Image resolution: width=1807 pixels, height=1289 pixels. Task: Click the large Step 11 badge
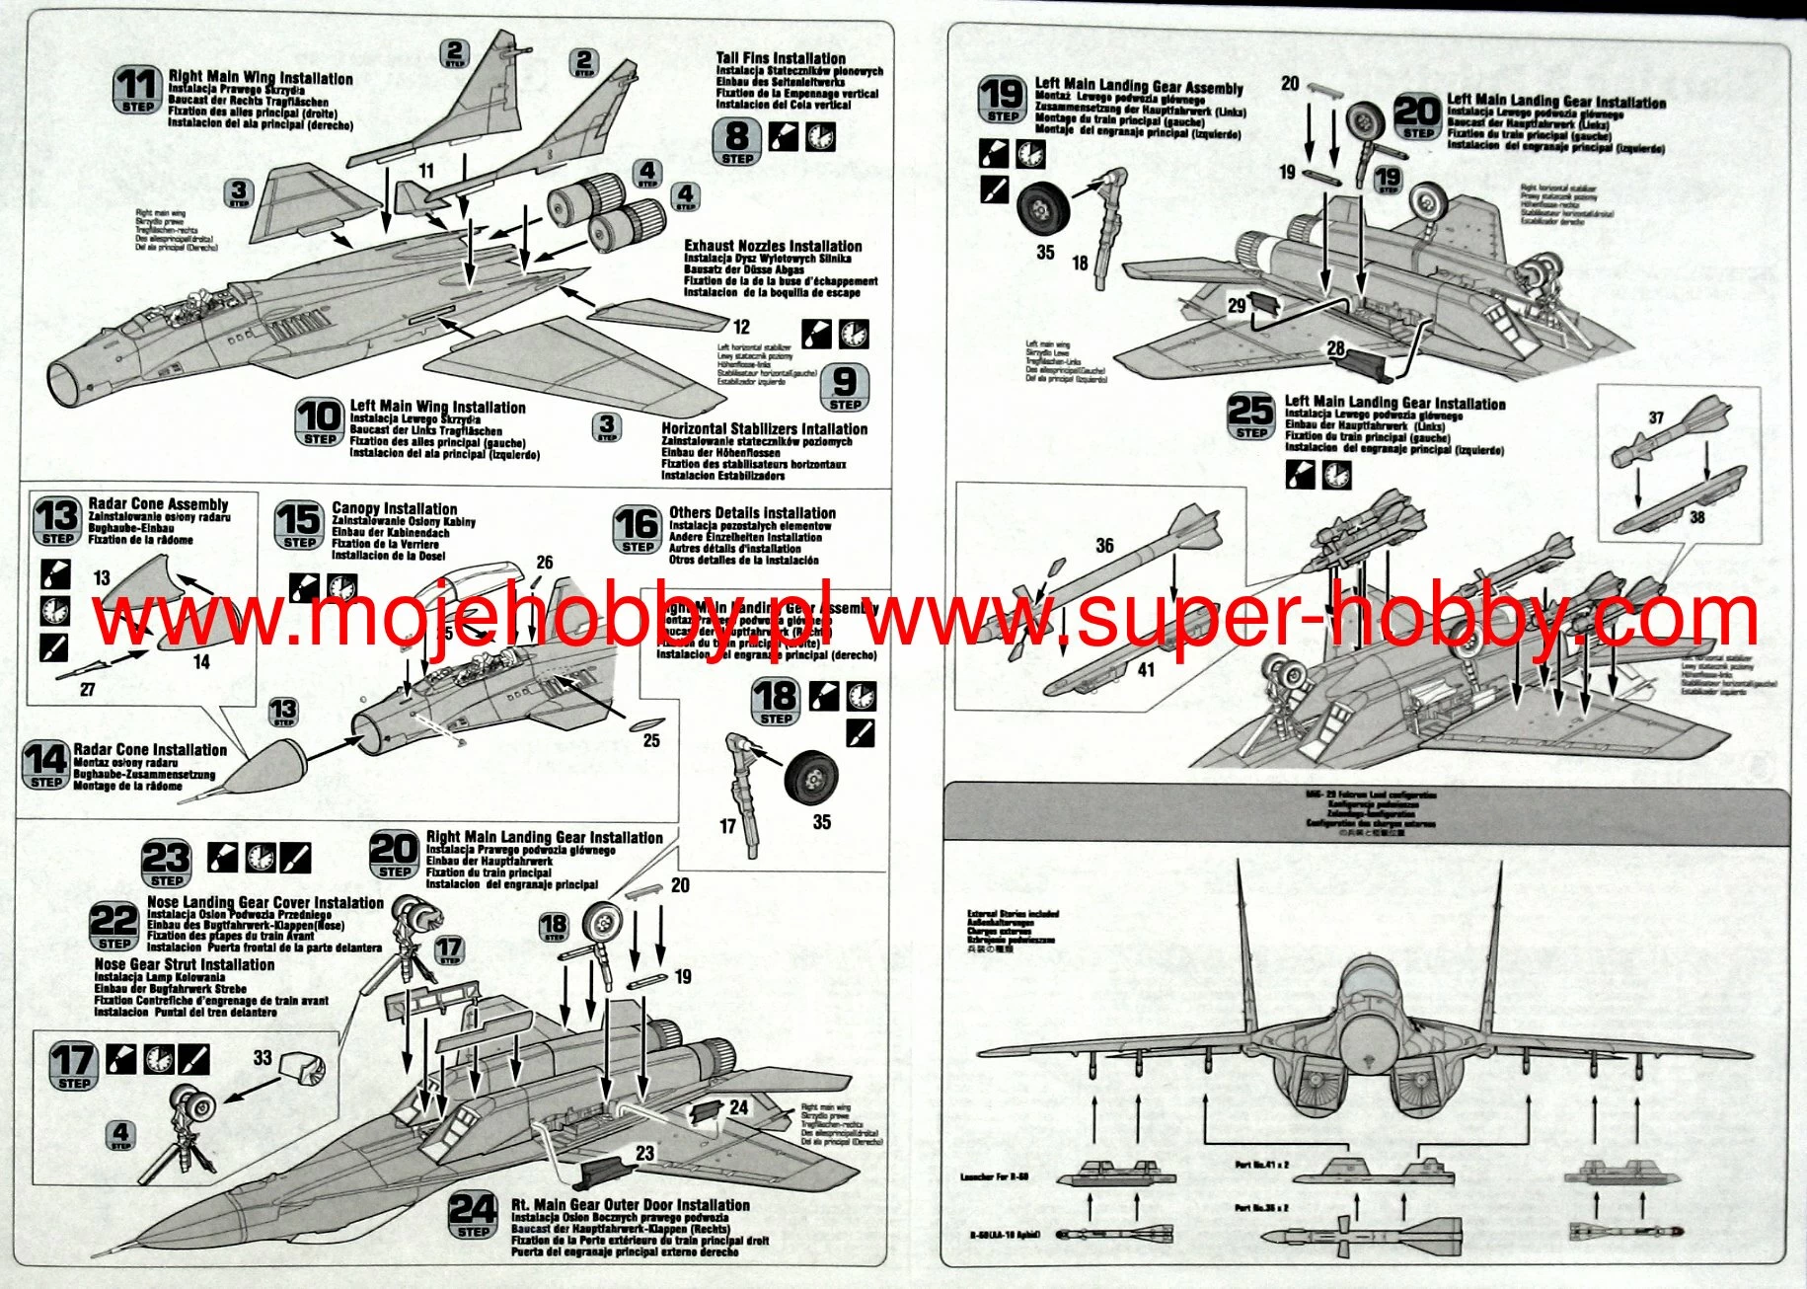[x=137, y=89]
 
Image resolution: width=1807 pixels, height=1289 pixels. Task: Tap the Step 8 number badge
[x=737, y=141]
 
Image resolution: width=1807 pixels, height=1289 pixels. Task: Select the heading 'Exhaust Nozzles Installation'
[x=773, y=246]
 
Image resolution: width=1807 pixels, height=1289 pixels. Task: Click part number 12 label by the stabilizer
[x=741, y=327]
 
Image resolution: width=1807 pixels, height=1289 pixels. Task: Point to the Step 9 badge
[x=845, y=386]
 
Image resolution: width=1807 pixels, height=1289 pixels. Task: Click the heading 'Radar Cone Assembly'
[x=158, y=504]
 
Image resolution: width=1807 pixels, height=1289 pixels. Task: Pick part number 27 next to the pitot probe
[x=87, y=690]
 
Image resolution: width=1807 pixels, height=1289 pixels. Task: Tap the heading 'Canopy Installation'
[x=394, y=508]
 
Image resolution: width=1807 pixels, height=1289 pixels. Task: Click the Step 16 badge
[x=638, y=529]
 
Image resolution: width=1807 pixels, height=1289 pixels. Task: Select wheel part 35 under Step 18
[x=812, y=777]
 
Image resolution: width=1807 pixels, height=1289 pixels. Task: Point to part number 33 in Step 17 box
[x=263, y=1057]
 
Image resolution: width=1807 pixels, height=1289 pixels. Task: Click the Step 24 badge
[x=473, y=1214]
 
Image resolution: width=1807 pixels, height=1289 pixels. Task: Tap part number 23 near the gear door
[x=644, y=1153]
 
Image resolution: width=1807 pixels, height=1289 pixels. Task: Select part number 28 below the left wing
[x=1336, y=348]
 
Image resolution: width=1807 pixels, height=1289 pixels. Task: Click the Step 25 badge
[x=1250, y=416]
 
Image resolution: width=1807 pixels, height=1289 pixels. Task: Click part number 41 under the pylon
[x=1146, y=669]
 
